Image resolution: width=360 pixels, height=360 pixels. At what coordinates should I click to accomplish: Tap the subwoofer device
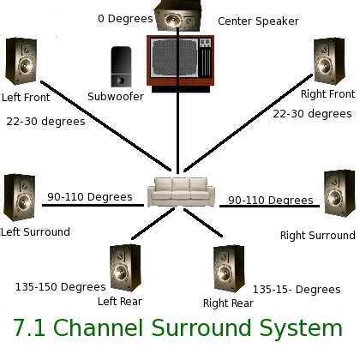[120, 66]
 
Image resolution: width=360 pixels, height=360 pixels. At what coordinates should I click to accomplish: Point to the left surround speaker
[19, 198]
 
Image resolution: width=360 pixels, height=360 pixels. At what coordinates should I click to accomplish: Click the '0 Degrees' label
[125, 18]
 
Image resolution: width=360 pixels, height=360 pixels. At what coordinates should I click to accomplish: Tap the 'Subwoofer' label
[116, 97]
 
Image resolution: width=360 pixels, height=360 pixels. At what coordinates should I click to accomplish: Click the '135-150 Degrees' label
[60, 286]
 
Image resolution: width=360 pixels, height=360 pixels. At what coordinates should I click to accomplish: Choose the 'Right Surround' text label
[317, 235]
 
